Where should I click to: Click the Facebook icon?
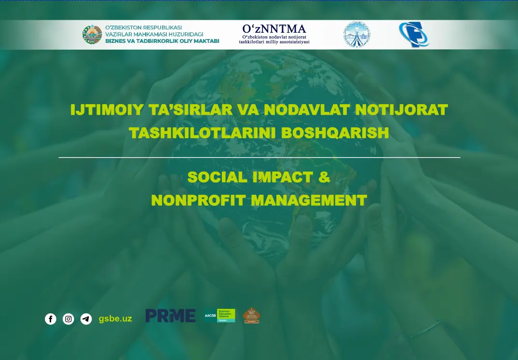51,319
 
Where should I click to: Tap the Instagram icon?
68,319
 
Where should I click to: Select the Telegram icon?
86,319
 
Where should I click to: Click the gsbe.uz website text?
115,319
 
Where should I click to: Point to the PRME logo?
170,316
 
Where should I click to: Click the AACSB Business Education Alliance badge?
219,316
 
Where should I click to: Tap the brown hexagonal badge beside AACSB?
251,316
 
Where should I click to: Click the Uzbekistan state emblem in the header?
92,35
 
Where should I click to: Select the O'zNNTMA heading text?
274,29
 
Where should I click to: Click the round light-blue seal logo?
356,35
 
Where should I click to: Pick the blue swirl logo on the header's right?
413,35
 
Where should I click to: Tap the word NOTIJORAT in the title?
401,110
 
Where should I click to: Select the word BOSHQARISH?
335,133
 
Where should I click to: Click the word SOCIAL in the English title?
217,177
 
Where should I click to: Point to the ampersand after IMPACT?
325,177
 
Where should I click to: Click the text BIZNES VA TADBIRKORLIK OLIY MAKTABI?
162,41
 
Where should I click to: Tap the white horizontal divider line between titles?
259,157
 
